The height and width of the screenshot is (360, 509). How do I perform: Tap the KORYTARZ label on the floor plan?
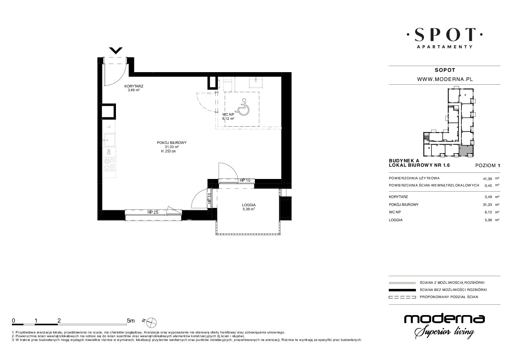point(134,86)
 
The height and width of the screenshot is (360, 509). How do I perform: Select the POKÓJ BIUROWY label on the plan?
point(172,143)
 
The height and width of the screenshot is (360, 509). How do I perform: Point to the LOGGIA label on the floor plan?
point(249,205)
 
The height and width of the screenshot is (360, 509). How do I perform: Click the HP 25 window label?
point(153,212)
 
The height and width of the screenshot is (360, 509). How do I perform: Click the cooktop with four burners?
point(109,164)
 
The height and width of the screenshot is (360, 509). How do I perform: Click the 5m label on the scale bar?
point(131,321)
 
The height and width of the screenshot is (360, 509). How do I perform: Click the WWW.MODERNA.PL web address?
point(445,79)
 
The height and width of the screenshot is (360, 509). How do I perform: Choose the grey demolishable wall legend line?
point(402,283)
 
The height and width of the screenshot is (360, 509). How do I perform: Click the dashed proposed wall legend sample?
point(402,297)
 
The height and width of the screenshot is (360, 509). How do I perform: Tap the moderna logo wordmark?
point(444,319)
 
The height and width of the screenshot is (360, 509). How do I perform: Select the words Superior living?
point(444,332)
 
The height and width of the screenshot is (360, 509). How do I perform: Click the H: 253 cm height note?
point(168,151)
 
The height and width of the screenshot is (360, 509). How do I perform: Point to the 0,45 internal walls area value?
point(488,185)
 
